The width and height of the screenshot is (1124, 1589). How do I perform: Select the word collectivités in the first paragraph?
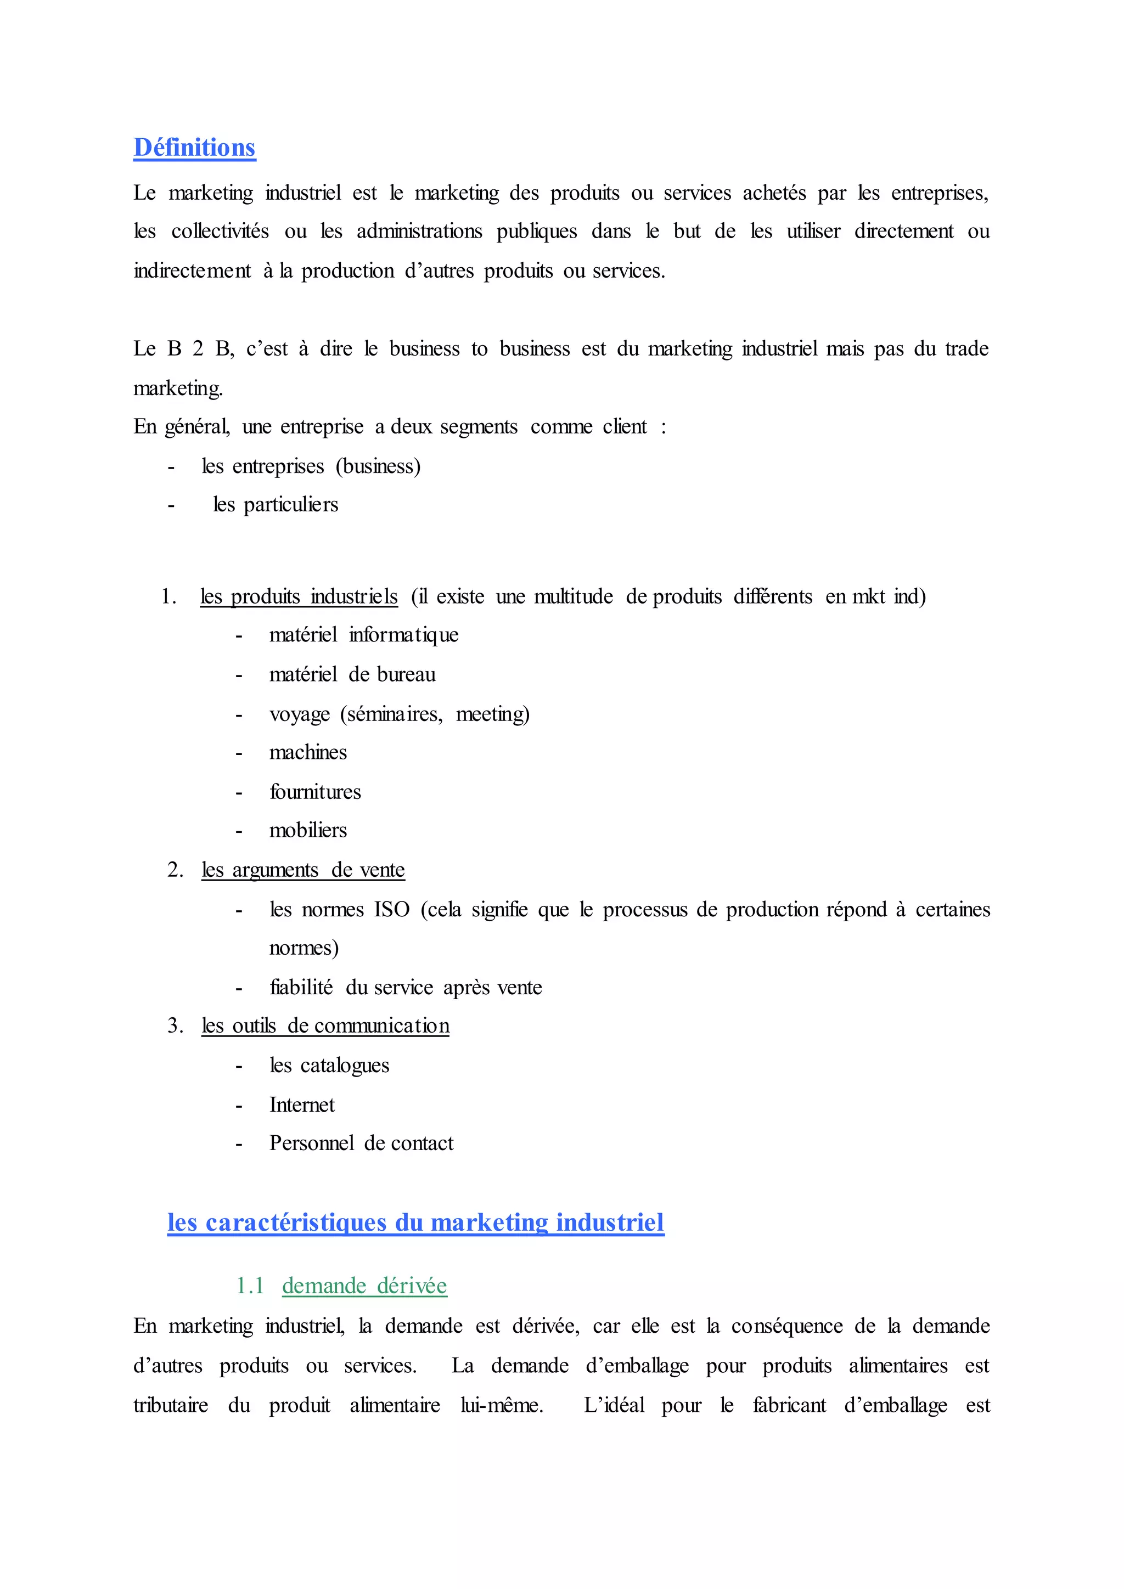coord(220,231)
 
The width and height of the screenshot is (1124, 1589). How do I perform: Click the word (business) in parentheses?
coord(378,466)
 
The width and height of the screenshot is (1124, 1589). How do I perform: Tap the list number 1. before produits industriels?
coord(169,596)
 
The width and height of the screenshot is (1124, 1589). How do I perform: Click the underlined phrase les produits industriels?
coord(299,596)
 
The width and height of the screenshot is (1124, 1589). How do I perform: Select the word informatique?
coord(403,635)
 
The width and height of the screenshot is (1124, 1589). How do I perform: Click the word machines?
coord(308,752)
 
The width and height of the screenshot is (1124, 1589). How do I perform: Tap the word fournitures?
coord(316,792)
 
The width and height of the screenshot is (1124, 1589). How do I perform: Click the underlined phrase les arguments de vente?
coord(303,870)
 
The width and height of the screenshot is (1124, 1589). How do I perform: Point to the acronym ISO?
coord(392,909)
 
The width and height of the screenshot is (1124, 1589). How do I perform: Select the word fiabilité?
coord(301,988)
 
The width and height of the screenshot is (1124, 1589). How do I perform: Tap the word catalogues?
coord(345,1065)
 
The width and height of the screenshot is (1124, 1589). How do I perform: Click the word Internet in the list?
coord(302,1105)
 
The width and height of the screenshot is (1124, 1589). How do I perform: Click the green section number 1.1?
coord(250,1286)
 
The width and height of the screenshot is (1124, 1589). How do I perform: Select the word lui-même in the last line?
coord(502,1406)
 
